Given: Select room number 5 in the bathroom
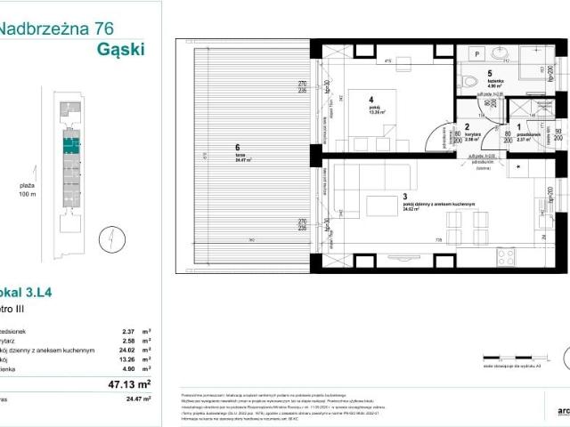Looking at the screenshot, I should (x=488, y=74).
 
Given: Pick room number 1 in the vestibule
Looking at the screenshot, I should (x=519, y=128).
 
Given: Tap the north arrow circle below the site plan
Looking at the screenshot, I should (x=105, y=238).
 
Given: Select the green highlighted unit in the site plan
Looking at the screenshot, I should (x=69, y=139).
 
